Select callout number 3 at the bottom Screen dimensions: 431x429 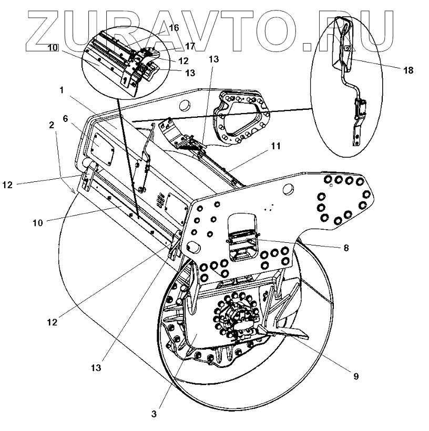pyautogui.click(x=154, y=414)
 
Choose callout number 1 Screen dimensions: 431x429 pyautogui.click(x=62, y=90)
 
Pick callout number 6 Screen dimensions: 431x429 pyautogui.click(x=66, y=119)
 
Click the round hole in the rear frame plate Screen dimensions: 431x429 pyautogui.click(x=185, y=105)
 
